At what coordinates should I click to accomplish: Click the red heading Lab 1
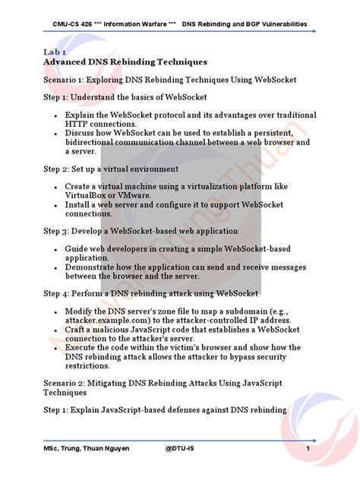[55, 51]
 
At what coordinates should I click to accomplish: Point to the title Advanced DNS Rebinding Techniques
[125, 62]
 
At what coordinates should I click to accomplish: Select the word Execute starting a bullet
[84, 347]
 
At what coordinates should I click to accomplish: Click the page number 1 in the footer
[308, 448]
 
